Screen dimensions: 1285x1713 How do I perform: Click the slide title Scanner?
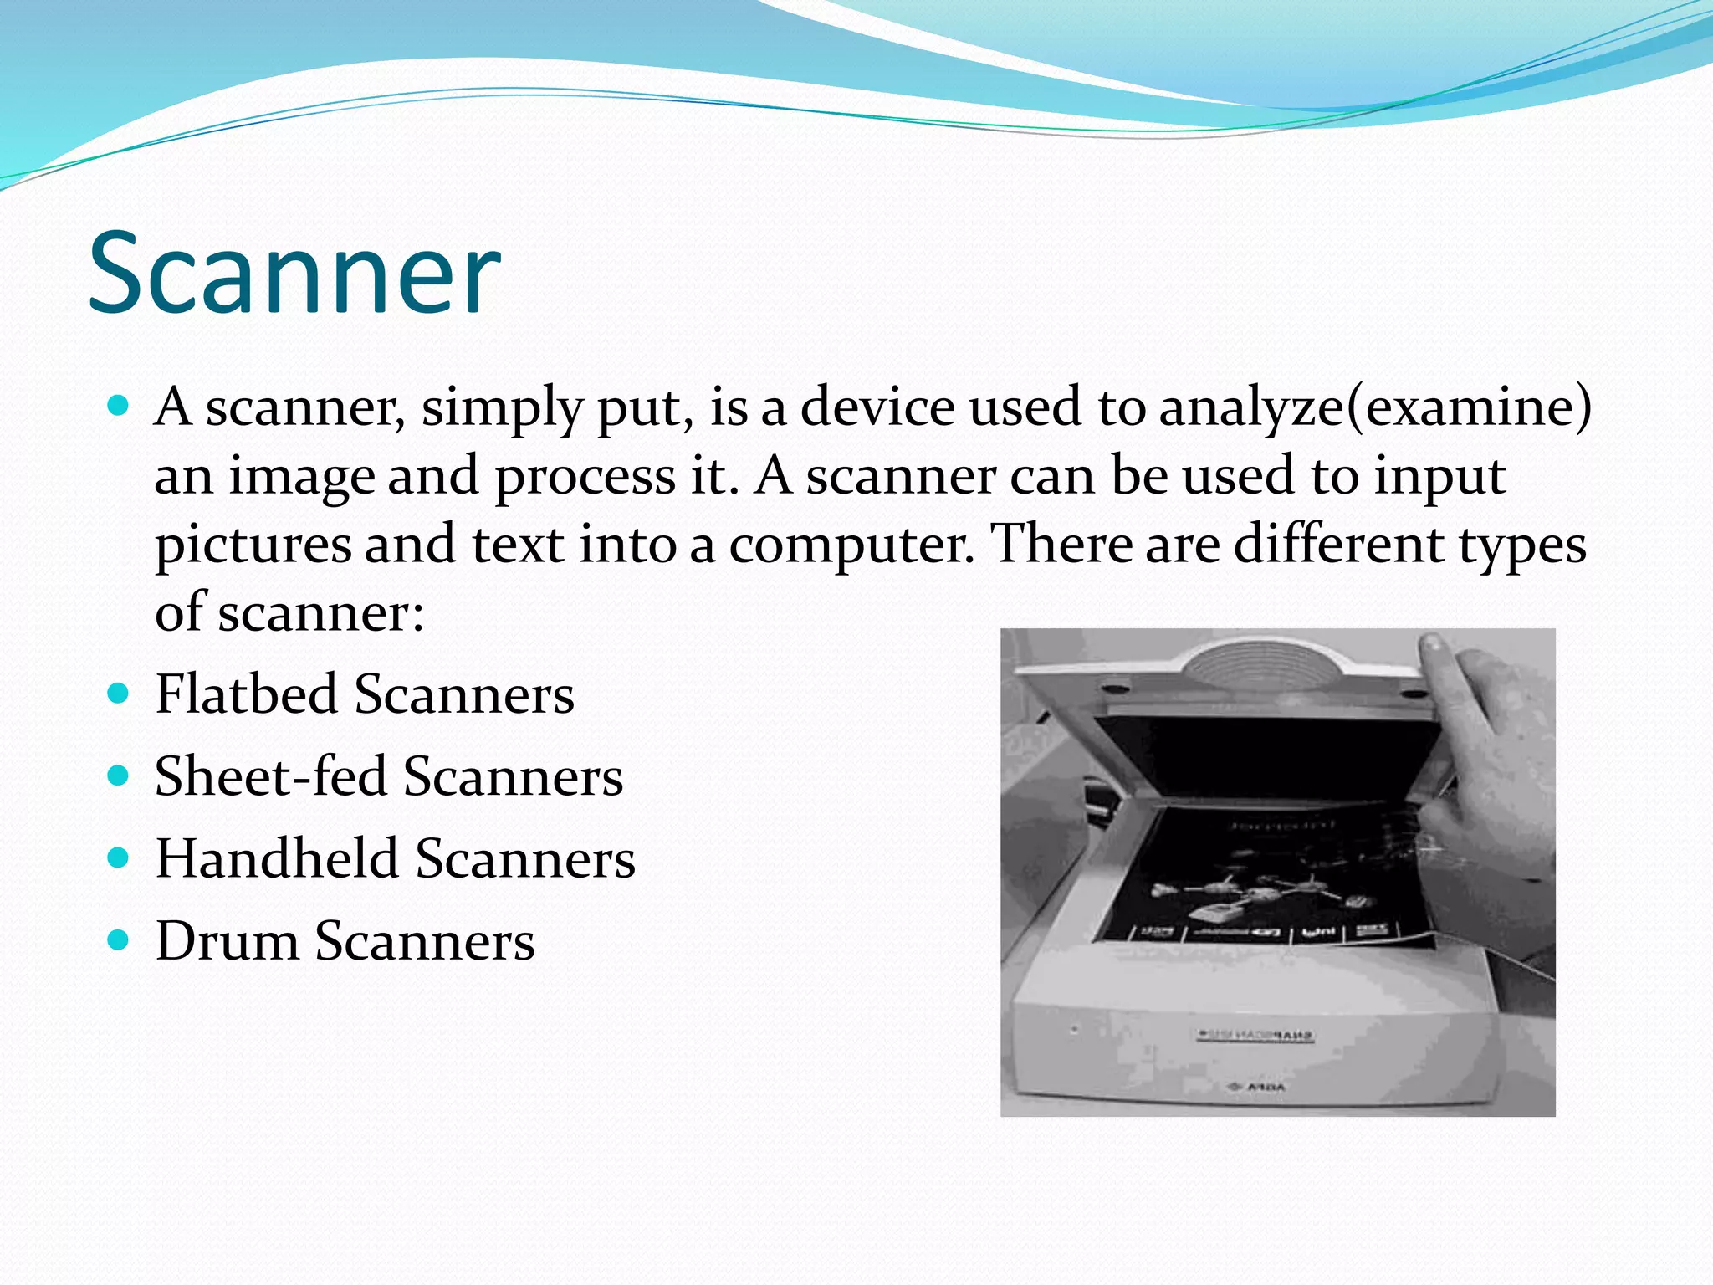[x=294, y=272]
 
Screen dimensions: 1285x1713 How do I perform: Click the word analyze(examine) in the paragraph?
[x=1376, y=408]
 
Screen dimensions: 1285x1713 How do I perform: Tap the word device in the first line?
[x=877, y=407]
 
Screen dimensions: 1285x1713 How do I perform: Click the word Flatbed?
[x=247, y=694]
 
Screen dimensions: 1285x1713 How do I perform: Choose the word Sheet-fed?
[x=270, y=776]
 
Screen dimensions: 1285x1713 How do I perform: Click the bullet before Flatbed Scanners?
[x=119, y=694]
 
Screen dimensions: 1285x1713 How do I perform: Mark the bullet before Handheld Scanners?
[x=119, y=858]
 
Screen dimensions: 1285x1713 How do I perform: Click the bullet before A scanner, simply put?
[x=119, y=407]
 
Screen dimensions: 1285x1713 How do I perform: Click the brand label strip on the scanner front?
[x=1255, y=1035]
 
